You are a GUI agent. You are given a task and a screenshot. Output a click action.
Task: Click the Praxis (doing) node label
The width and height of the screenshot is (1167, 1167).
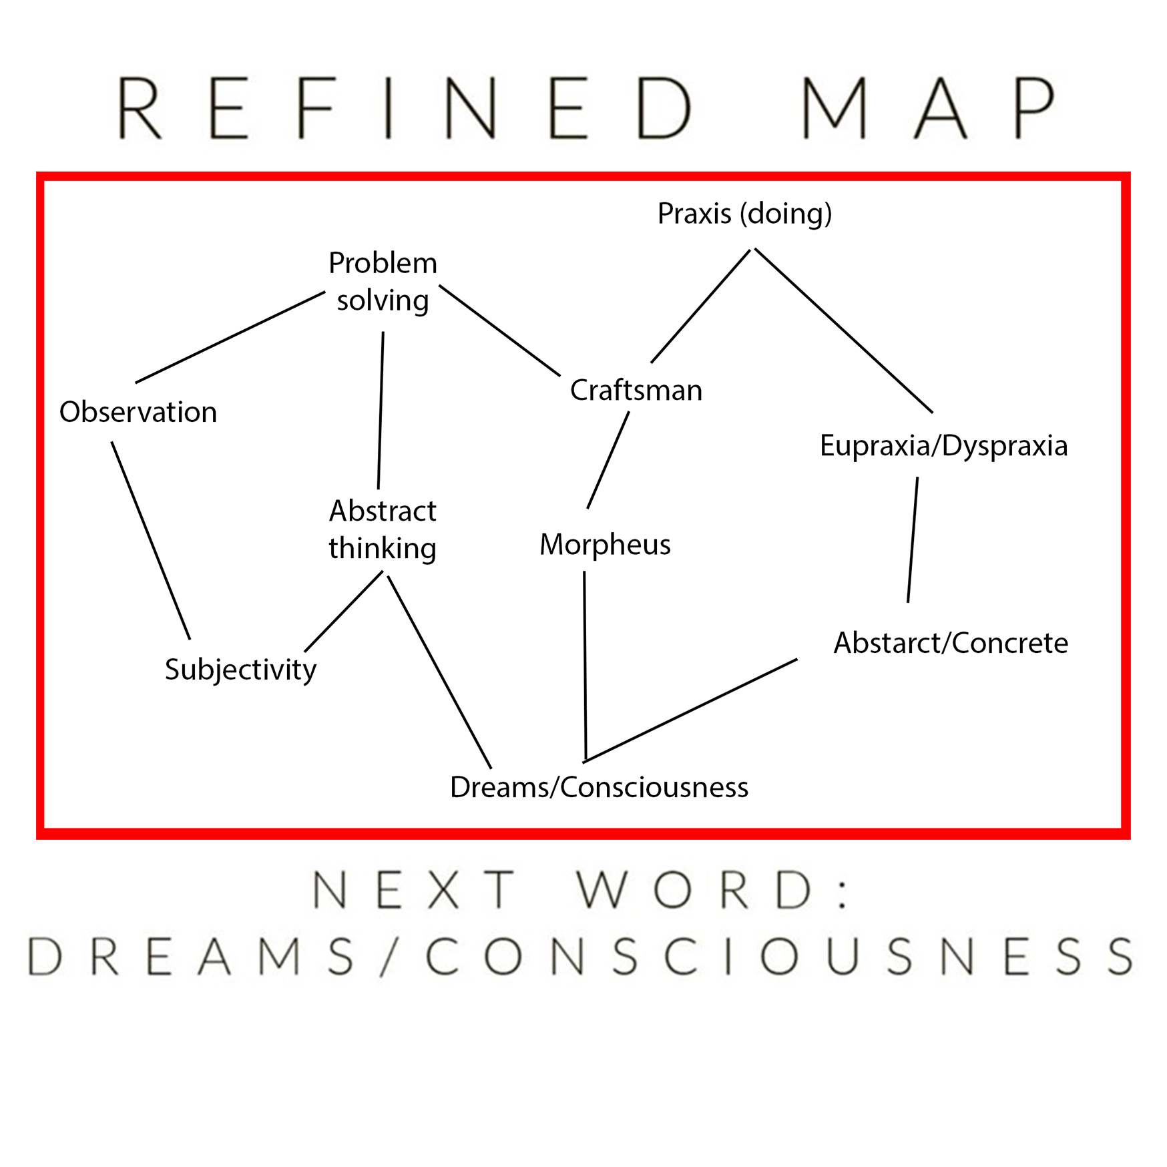pos(744,214)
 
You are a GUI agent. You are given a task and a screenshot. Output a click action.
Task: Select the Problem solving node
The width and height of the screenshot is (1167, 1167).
pos(383,282)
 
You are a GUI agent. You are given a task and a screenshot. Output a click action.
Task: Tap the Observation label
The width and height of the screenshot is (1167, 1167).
pos(138,412)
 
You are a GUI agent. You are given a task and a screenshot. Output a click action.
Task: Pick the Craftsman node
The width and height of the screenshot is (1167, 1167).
pos(636,391)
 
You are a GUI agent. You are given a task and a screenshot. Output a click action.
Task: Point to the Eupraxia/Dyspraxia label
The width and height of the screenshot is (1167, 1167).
pos(943,446)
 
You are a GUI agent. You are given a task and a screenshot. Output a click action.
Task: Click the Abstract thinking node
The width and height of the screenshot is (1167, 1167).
pos(383,529)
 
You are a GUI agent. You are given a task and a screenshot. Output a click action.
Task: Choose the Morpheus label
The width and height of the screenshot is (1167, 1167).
pos(605,545)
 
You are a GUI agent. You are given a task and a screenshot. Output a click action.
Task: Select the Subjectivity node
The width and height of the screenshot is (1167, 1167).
pos(240,670)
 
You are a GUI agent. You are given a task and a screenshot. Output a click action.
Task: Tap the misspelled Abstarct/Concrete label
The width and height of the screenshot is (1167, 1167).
pos(951,643)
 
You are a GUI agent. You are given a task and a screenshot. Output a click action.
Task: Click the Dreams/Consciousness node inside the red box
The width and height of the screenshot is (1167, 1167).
pos(599,787)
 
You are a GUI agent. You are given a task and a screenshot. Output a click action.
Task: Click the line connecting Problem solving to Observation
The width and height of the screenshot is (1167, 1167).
pos(230,337)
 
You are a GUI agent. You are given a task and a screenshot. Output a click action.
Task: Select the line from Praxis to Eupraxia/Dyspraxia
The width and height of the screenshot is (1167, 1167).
pos(843,330)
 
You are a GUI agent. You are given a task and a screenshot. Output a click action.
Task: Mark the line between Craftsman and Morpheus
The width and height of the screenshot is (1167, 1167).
pos(608,460)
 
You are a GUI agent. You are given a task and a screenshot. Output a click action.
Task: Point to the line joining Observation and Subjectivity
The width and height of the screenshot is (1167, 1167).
pos(151,540)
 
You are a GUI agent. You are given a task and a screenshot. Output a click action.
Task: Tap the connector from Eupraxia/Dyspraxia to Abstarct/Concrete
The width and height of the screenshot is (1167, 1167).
pos(913,539)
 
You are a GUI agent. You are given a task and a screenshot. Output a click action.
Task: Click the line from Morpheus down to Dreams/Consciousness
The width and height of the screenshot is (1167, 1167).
pos(585,666)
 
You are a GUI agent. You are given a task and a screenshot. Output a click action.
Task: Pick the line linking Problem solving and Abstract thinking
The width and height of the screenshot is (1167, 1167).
pos(381,411)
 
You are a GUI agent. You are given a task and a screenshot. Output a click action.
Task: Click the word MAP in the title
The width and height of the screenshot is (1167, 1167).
pos(928,107)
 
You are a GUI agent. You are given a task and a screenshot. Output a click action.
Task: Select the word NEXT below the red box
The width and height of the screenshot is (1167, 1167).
pos(414,890)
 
